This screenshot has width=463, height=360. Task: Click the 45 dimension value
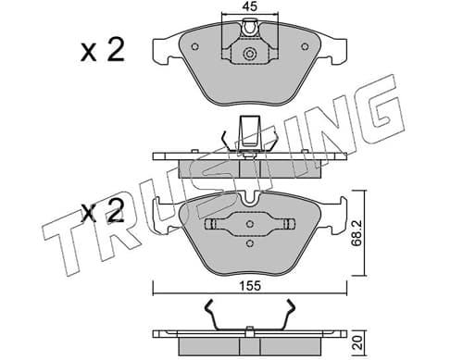coord(250,6)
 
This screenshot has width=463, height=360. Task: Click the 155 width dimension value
coord(250,286)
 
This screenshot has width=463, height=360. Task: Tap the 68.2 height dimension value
coord(357,233)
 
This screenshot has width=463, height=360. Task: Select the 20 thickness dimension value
coord(358,342)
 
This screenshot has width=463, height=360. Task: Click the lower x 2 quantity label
coord(103,210)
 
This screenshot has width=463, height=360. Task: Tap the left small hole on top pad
coord(194,46)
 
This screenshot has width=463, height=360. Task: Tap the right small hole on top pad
coord(305,46)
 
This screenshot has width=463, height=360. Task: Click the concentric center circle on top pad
coord(249,54)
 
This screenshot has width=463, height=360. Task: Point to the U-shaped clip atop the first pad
coord(249,27)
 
